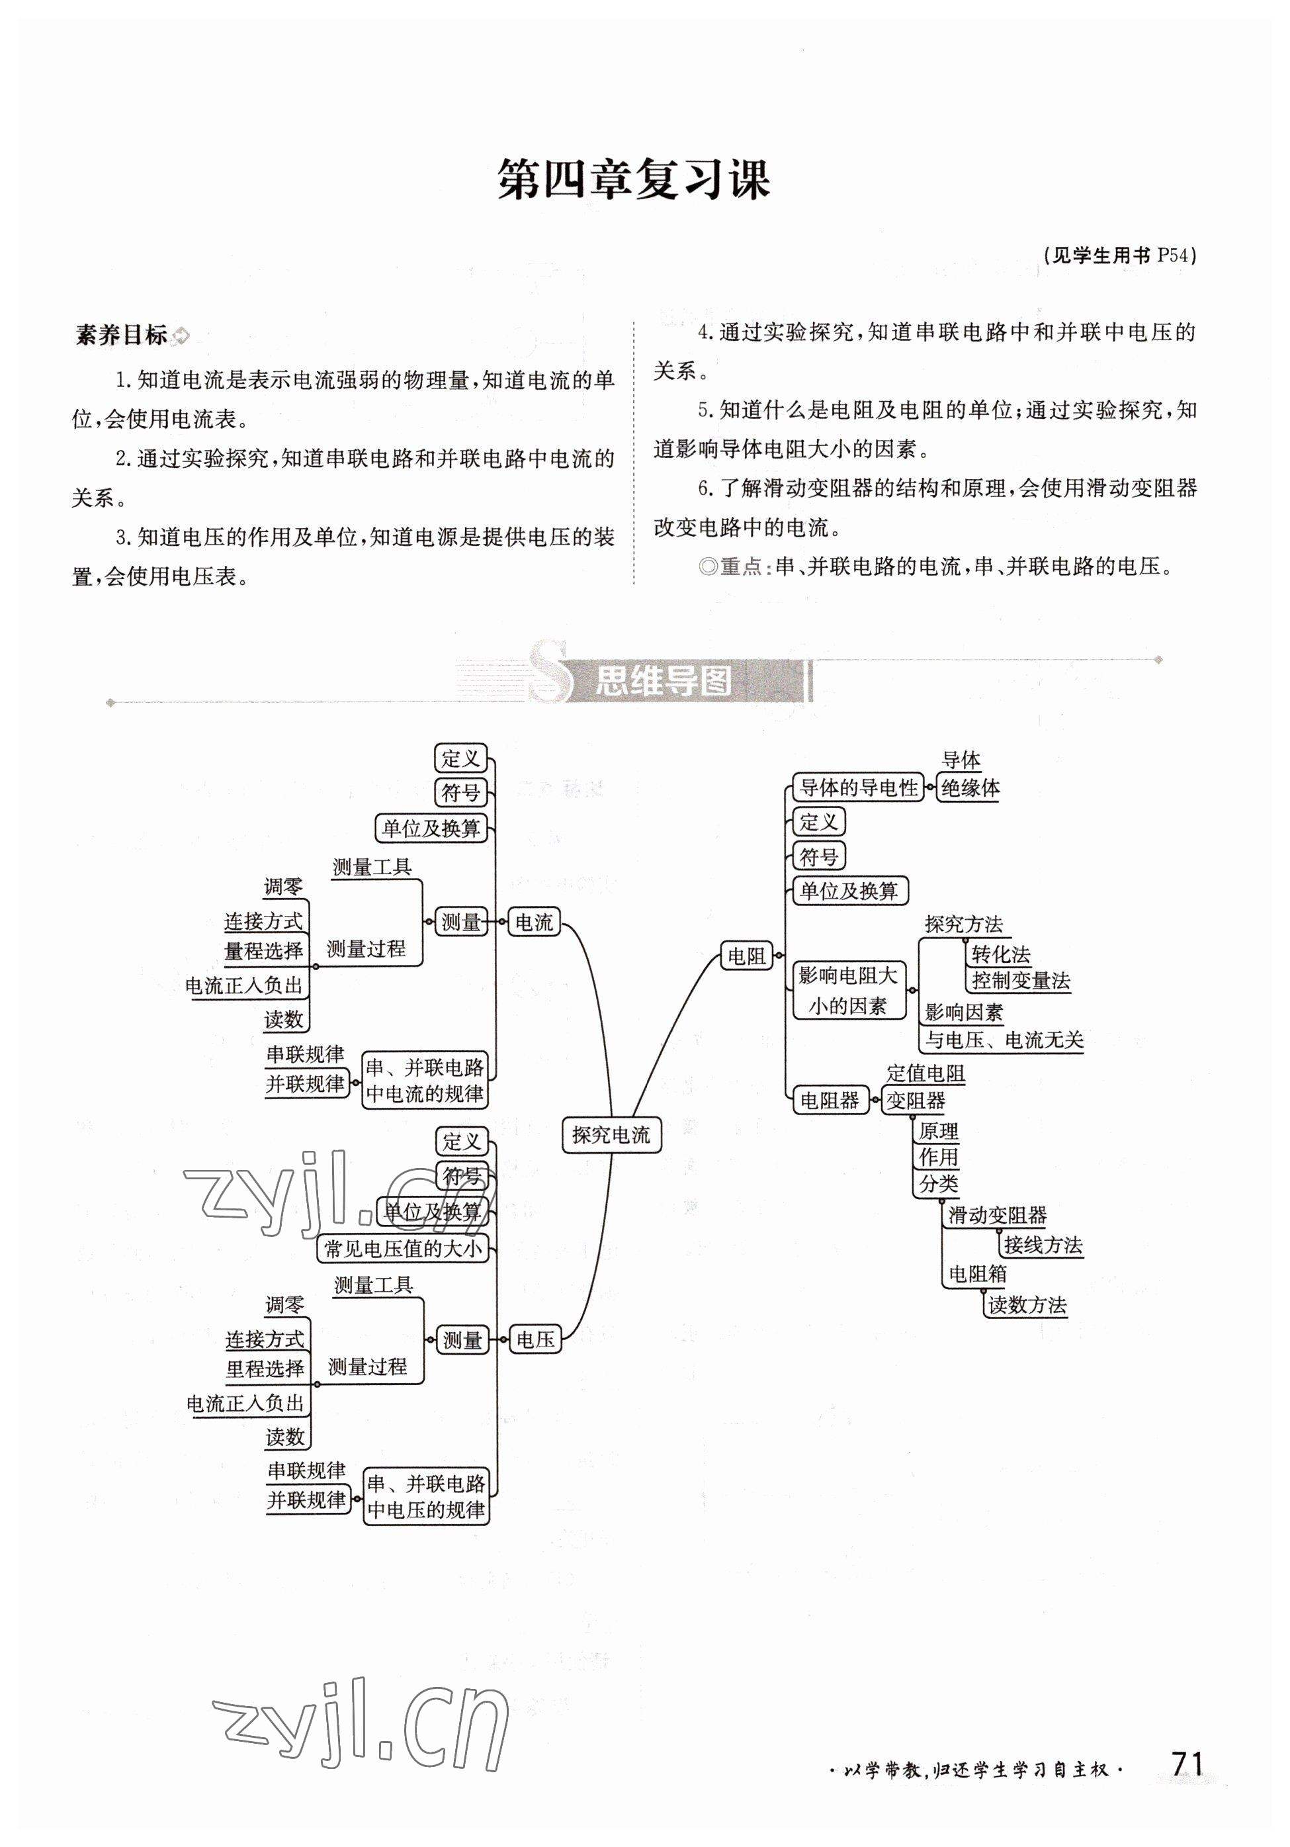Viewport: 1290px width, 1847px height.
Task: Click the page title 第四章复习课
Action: click(634, 179)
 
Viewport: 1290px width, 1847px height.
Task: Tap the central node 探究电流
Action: click(611, 1135)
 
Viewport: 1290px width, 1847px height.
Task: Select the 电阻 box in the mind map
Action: click(746, 956)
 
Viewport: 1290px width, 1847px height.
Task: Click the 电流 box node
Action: click(534, 923)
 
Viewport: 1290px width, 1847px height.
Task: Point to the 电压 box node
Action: click(535, 1339)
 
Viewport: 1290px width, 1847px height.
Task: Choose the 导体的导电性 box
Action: click(858, 788)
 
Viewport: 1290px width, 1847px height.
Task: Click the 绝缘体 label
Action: click(970, 788)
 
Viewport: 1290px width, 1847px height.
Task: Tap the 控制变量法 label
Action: click(1021, 981)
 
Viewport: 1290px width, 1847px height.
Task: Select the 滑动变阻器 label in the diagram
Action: click(997, 1216)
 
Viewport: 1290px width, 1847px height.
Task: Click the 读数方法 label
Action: click(1027, 1305)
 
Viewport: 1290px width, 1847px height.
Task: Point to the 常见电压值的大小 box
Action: click(403, 1249)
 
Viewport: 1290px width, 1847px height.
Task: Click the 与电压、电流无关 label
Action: click(1004, 1040)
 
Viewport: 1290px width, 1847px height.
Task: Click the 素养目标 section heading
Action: click(122, 335)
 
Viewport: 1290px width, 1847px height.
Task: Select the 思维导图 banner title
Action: click(663, 682)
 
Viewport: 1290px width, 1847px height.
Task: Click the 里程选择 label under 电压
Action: click(265, 1369)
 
